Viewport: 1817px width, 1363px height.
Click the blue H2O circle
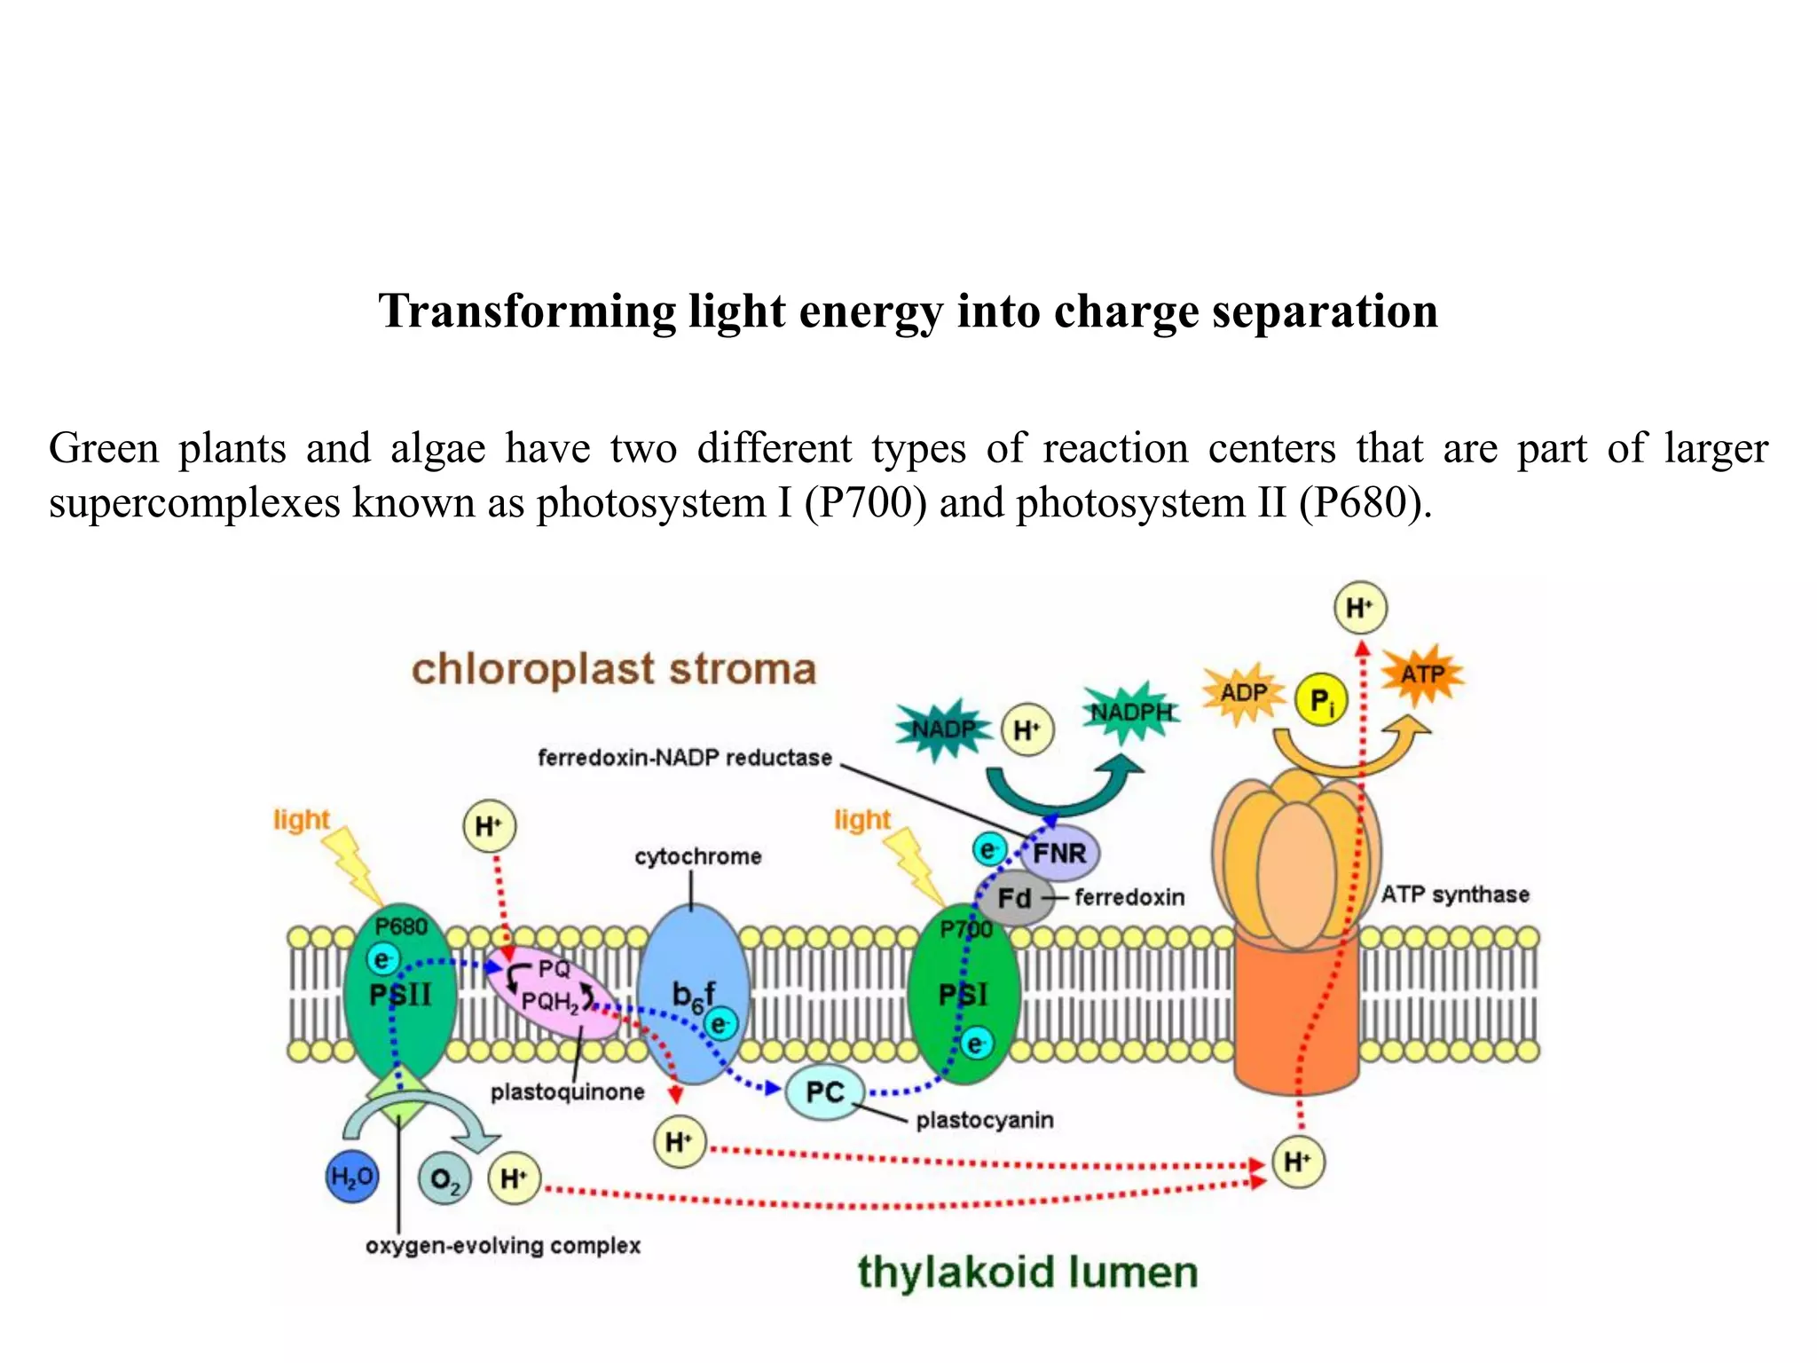352,1178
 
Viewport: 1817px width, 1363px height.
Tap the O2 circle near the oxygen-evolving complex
444,1180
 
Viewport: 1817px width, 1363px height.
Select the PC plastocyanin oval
825,1092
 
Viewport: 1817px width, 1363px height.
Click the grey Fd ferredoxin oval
1013,898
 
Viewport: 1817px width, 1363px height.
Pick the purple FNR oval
1060,854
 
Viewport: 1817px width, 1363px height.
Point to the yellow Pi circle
1321,701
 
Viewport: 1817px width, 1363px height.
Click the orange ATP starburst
1422,674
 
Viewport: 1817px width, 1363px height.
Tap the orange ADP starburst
1243,693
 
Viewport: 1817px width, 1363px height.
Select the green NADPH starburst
1131,712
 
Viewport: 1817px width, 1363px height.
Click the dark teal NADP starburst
942,729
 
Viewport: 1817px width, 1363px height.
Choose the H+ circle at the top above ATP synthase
1359,608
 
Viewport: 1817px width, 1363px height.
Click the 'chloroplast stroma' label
613,670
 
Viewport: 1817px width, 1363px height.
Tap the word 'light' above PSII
301,820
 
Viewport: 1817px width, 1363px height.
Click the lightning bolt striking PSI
916,864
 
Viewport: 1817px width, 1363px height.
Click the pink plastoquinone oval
552,991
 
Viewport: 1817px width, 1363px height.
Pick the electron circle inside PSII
382,959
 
